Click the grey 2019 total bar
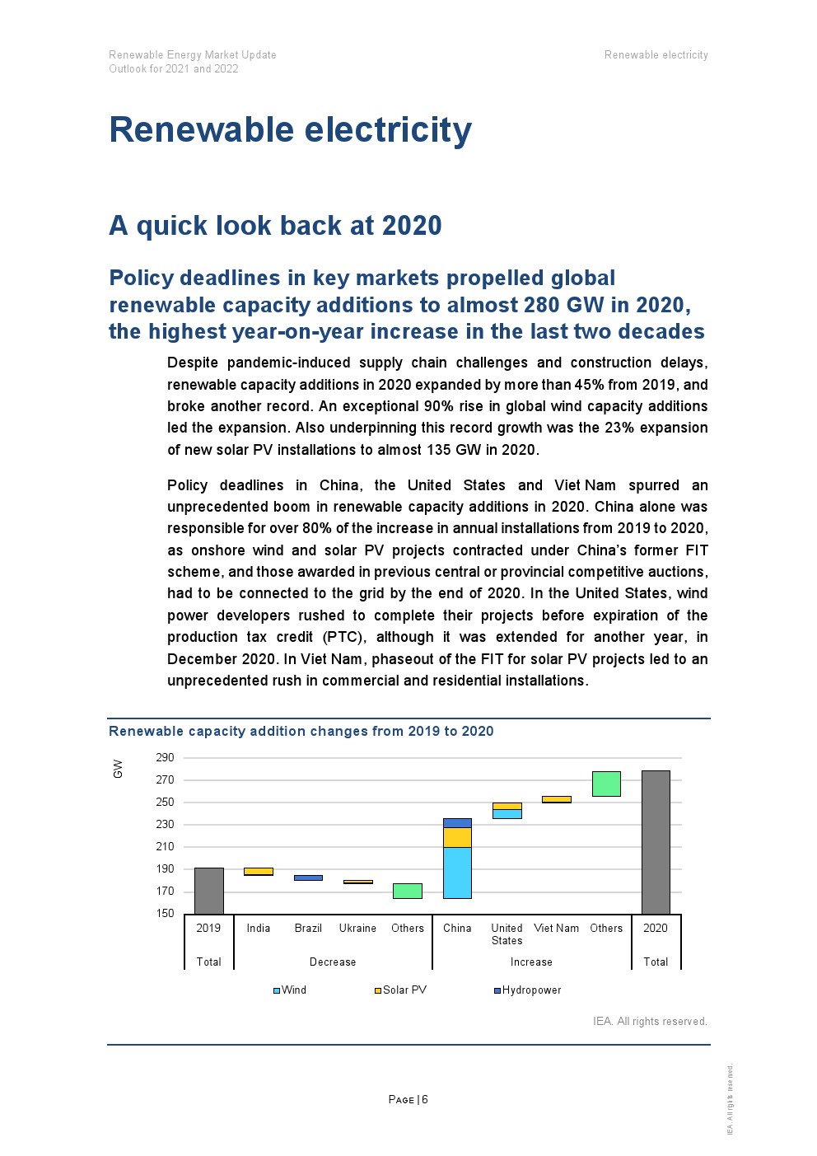click(208, 891)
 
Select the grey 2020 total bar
click(656, 842)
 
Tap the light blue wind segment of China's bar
click(457, 873)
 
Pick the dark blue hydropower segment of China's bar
click(457, 822)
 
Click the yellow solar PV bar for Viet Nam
click(556, 799)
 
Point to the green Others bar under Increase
click(606, 784)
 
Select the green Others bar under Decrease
click(407, 891)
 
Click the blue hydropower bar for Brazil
click(308, 878)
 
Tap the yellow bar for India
click(259, 871)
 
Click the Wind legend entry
click(290, 990)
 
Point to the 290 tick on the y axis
click(165, 757)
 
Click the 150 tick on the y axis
click(165, 913)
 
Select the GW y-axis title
click(118, 769)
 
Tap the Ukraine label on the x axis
click(357, 928)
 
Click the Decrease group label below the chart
click(333, 962)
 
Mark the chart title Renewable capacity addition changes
click(301, 731)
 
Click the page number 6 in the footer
click(425, 1099)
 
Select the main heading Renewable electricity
click(291, 130)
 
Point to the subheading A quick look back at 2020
click(275, 225)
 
